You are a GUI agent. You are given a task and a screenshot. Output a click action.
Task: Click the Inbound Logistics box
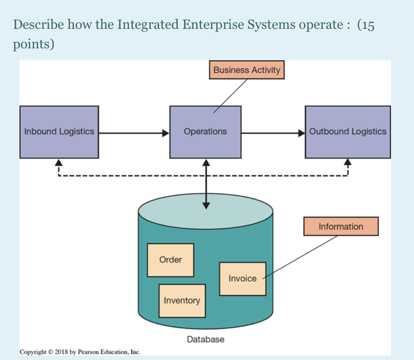point(59,132)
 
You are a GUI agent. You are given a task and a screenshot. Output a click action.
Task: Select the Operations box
point(205,132)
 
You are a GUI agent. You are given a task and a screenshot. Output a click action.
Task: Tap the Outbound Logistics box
point(348,132)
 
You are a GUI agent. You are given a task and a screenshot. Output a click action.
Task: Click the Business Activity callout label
point(246,70)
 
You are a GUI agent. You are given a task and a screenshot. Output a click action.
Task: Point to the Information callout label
point(340,227)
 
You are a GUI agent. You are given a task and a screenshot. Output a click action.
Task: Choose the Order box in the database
point(170,260)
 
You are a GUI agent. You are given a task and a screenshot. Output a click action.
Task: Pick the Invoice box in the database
point(242,279)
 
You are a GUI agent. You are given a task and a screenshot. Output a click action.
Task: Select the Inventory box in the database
point(182,301)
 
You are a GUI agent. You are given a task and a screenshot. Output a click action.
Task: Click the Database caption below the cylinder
point(205,340)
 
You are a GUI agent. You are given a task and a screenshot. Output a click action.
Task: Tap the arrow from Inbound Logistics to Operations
point(133,132)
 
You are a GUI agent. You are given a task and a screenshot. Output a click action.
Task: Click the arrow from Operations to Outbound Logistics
point(273,132)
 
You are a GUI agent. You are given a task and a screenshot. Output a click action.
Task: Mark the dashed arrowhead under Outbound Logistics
point(348,162)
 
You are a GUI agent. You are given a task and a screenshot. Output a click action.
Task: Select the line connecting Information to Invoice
point(301,258)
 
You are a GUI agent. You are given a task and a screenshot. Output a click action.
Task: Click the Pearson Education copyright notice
point(80,352)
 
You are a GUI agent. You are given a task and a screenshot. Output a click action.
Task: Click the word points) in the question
point(34,45)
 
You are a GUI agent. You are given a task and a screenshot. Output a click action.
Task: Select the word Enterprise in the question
point(210,25)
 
